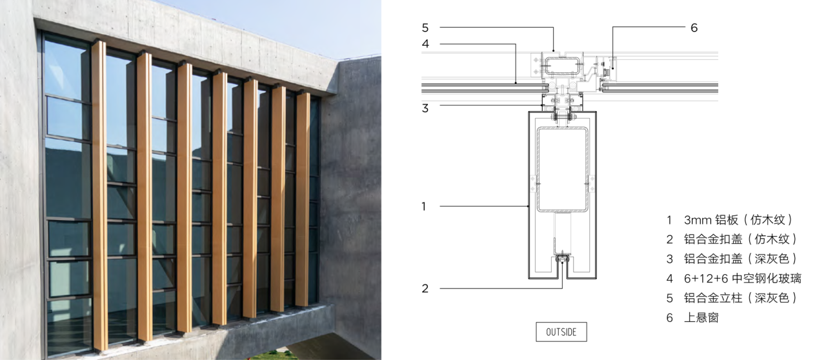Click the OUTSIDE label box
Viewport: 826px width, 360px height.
(561, 332)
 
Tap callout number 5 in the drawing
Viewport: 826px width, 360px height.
(425, 28)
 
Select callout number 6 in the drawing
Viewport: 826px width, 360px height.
(694, 28)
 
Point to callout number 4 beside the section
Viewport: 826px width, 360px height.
(425, 44)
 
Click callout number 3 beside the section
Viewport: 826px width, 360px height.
(425, 108)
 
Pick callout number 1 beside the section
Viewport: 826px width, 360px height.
(424, 206)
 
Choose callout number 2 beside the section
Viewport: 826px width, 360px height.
(425, 288)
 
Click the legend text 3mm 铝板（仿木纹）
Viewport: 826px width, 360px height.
(738, 220)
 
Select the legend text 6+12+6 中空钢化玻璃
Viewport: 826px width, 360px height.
(743, 278)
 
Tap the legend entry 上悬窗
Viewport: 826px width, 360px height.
(701, 317)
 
